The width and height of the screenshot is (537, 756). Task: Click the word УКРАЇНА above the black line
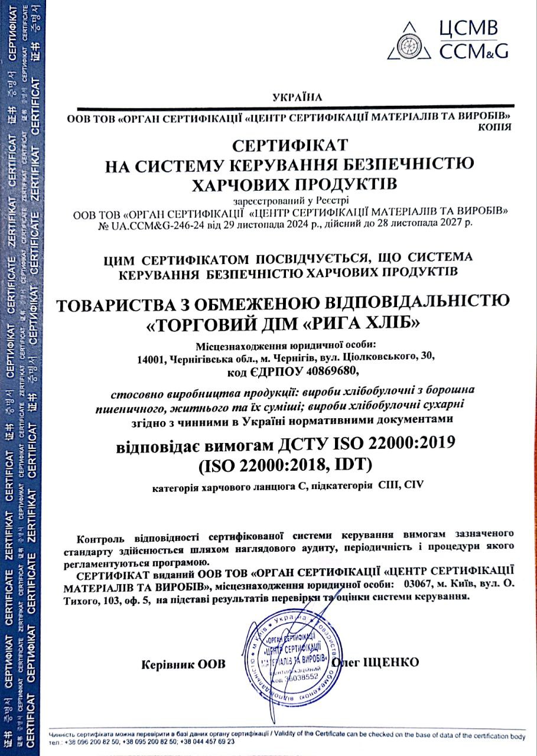click(298, 96)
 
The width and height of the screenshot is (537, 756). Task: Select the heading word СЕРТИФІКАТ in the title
click(291, 145)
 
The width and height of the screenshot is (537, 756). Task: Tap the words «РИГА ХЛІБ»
click(372, 325)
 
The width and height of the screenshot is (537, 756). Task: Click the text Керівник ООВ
click(184, 664)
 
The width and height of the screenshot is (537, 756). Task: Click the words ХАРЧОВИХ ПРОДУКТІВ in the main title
click(291, 184)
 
